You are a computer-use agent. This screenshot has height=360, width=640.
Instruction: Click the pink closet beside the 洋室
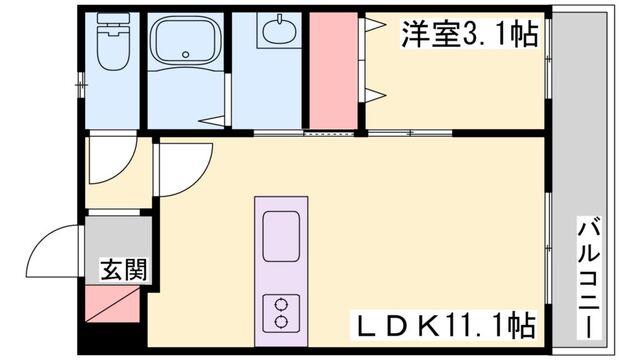coord(333,69)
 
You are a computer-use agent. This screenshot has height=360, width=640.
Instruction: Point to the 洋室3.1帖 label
coord(469,35)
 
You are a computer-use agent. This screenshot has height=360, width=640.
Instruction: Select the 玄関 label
coord(123,269)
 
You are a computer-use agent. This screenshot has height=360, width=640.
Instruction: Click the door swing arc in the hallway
coord(108,165)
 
